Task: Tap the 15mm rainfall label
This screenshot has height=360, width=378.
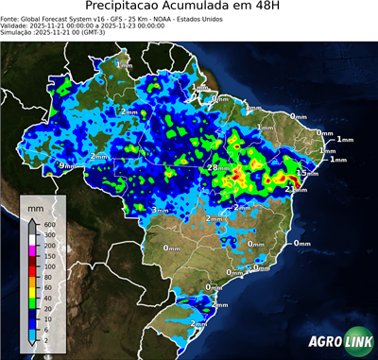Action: (304, 174)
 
